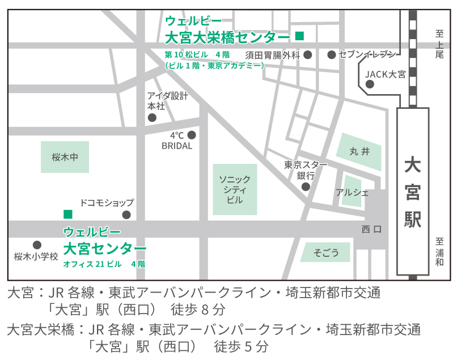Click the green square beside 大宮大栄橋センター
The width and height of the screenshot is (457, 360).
(299, 36)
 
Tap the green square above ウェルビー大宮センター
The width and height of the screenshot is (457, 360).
(68, 214)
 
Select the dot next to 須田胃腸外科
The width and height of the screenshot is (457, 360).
(308, 55)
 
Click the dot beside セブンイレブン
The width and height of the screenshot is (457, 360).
(332, 55)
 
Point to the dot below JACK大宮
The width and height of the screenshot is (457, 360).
(370, 84)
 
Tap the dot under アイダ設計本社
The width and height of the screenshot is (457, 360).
(152, 117)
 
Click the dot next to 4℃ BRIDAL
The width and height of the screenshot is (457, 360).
(192, 135)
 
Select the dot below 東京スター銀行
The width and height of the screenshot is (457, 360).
(306, 187)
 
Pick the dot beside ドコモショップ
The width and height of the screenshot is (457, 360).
(126, 214)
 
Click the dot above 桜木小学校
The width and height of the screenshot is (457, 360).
(37, 245)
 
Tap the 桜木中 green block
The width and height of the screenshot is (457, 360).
(65, 157)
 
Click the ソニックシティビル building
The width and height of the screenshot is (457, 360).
(235, 189)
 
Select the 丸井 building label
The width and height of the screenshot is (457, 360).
(359, 151)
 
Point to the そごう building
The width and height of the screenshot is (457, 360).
(326, 252)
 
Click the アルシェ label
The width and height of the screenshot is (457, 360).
(352, 192)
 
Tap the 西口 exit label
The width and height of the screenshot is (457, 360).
(371, 230)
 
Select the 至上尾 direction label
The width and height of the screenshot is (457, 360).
(439, 44)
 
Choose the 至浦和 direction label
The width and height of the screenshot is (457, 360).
(440, 252)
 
